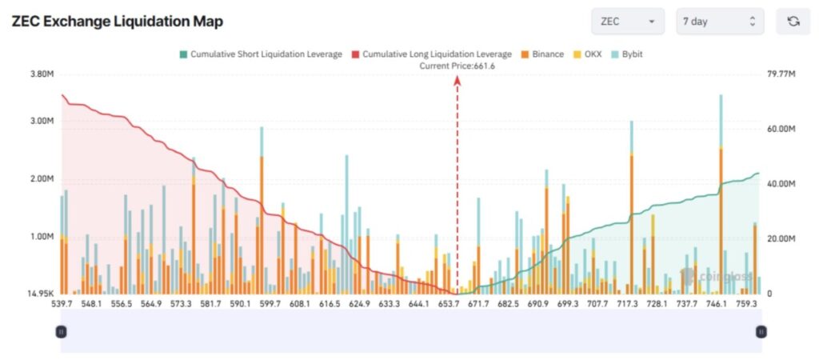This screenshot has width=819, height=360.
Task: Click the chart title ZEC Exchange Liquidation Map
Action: pos(117,22)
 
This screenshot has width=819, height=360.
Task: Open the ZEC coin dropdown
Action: pos(629,22)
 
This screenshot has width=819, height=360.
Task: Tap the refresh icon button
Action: pos(793,22)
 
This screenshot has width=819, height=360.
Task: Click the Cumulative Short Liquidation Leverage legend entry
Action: pos(260,54)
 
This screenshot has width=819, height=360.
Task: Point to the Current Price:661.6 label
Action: pos(457,66)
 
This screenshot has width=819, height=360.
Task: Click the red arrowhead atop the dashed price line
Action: pos(457,80)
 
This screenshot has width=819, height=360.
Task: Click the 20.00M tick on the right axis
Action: pos(781,239)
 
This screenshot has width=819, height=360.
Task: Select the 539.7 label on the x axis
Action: pos(62,305)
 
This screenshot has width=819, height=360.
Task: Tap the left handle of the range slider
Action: pos(61,331)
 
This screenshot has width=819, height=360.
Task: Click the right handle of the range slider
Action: pos(761,331)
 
